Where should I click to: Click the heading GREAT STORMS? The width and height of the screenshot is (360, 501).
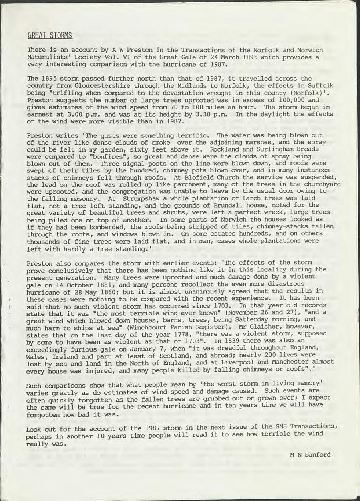(x=49, y=36)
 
